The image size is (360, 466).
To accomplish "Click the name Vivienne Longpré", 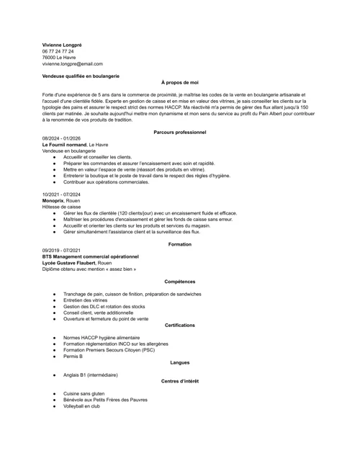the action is coord(62,45).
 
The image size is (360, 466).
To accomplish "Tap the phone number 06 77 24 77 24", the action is coord(58,51).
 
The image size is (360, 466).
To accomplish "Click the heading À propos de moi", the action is coord(180,83).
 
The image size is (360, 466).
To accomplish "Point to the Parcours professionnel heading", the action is coord(180,133).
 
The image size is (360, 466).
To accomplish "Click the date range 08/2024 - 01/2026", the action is coord(61,138).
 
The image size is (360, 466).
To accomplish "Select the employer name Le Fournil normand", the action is coord(64,145).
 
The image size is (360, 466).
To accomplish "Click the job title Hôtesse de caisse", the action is coord(61,207).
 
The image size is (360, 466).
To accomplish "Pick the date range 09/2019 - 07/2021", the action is coord(61,250).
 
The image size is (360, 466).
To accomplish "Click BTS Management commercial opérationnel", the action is coord(90,256).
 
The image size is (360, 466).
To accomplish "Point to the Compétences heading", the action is coord(180,282).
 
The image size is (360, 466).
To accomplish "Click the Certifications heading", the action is coord(180,326).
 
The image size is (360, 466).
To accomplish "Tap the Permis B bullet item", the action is coord(73,357).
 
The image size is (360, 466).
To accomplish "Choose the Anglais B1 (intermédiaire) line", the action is coord(90,375).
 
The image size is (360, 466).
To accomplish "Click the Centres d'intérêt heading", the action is coord(180,381).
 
